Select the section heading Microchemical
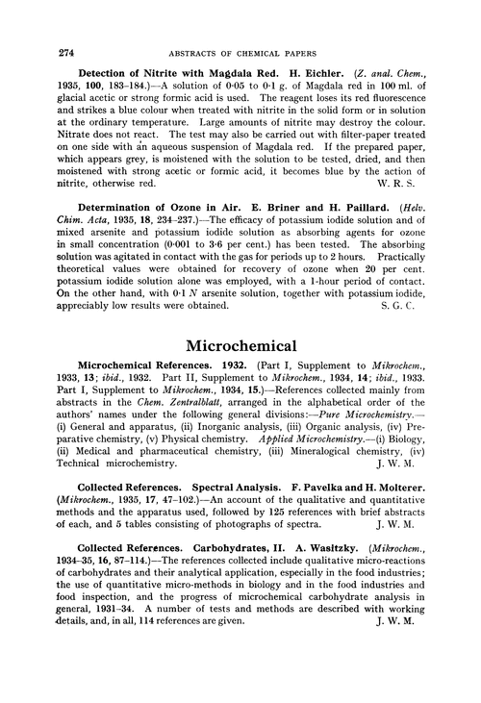[240, 342]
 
